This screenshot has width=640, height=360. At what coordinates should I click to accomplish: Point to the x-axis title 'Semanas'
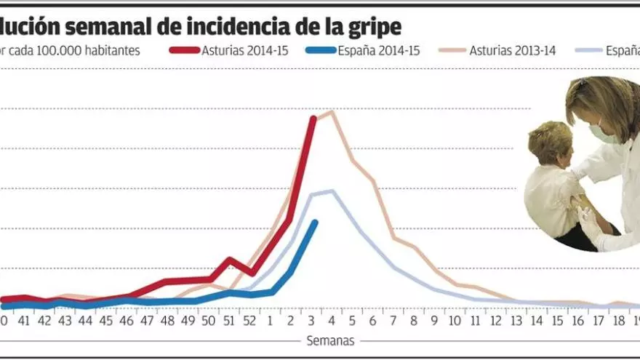[x=329, y=340]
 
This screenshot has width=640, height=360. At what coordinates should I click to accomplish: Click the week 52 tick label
[x=249, y=320]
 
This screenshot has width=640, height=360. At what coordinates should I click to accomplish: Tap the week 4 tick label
[x=332, y=320]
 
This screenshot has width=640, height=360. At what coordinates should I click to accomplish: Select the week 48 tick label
[x=168, y=320]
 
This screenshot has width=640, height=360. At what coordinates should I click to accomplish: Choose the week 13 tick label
[x=516, y=320]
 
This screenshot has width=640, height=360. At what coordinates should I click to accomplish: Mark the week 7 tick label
[x=393, y=320]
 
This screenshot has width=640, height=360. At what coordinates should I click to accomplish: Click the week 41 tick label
[x=25, y=320]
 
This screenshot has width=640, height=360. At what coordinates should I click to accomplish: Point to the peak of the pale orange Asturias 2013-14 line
[x=332, y=112]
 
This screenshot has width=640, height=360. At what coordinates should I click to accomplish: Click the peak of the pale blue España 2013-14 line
[x=332, y=191]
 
